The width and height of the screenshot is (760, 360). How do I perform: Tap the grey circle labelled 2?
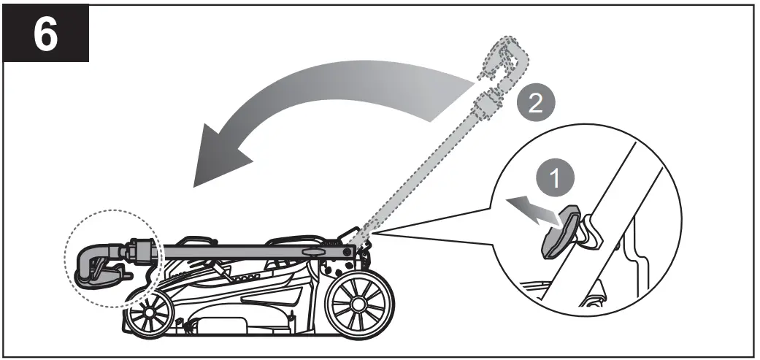point(535,102)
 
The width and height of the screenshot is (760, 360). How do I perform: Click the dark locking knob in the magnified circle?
point(558,231)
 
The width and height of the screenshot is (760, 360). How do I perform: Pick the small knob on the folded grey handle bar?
point(312,250)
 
